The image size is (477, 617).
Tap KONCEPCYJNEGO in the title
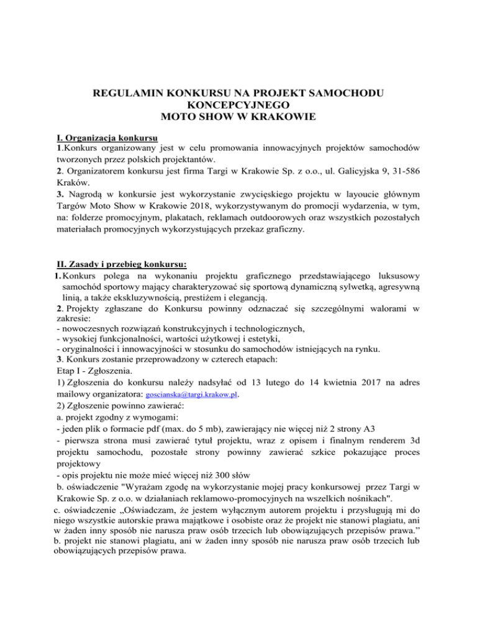238,106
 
